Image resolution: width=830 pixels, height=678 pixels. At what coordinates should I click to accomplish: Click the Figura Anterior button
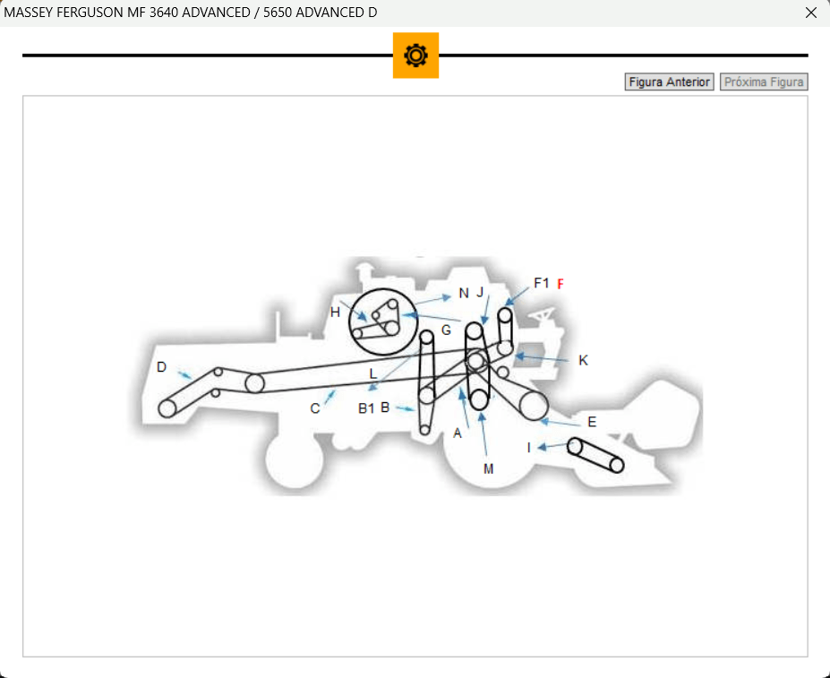(669, 82)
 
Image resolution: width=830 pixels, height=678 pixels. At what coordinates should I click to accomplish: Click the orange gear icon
(415, 56)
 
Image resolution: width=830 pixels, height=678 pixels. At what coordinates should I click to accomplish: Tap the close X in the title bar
(810, 13)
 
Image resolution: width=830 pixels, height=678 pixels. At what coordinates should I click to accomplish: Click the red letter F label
(560, 285)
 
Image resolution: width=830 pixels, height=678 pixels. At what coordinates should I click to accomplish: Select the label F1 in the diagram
(542, 283)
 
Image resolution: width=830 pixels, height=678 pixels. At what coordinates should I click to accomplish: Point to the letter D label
(161, 367)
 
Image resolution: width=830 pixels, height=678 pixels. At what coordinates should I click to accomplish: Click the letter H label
(335, 313)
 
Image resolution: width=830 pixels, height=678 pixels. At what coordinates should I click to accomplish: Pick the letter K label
(584, 360)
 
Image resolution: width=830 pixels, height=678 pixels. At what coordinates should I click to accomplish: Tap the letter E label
(592, 422)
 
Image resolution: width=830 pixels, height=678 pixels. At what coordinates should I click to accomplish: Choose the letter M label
(489, 468)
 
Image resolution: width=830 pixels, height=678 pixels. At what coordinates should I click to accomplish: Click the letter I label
(529, 448)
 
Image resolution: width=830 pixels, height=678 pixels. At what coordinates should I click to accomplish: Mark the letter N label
(464, 294)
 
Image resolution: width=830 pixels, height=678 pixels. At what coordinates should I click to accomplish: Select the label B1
(366, 408)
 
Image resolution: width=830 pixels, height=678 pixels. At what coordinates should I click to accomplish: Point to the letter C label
(315, 409)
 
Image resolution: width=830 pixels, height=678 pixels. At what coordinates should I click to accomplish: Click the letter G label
(446, 330)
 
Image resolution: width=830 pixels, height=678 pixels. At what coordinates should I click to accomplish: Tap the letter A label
(458, 433)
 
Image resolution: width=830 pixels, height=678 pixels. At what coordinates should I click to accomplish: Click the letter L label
(373, 374)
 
